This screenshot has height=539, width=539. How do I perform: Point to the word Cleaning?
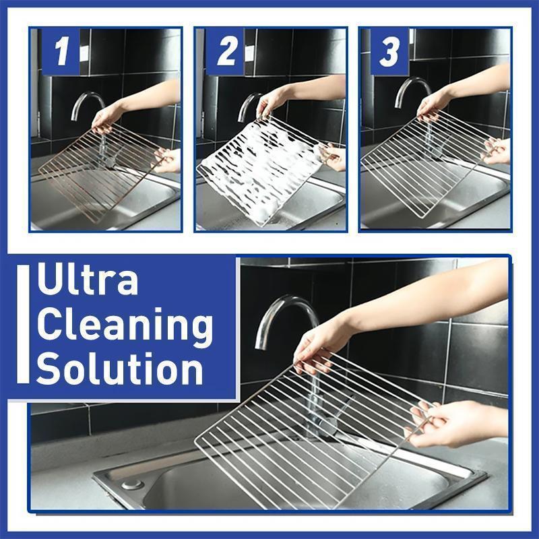click(125, 326)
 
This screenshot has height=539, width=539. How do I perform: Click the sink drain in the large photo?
click(133, 484)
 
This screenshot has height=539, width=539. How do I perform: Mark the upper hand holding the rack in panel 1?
click(108, 118)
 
